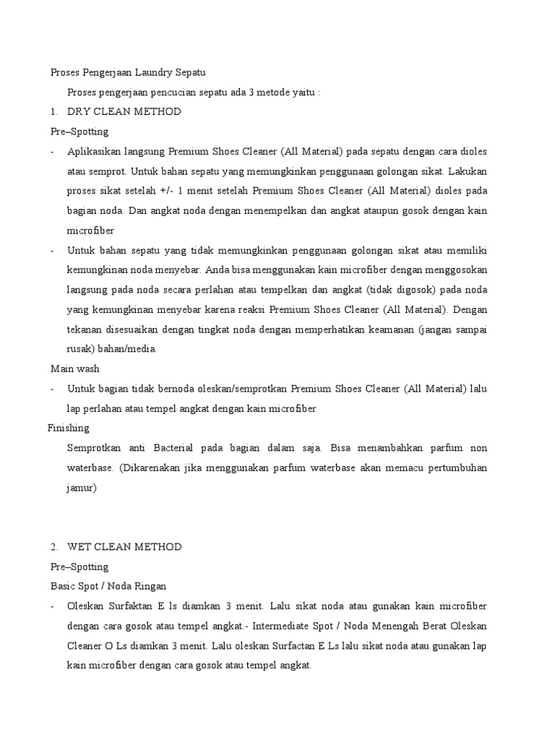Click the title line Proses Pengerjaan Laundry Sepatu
(x=128, y=73)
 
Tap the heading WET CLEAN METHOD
(x=124, y=547)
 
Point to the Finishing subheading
(x=69, y=428)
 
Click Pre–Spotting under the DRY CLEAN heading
(x=79, y=132)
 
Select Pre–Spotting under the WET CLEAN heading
(x=79, y=567)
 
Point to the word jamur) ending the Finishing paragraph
(x=82, y=488)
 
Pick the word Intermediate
(x=321, y=625)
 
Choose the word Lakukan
(x=468, y=171)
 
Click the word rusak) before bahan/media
(x=83, y=349)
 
